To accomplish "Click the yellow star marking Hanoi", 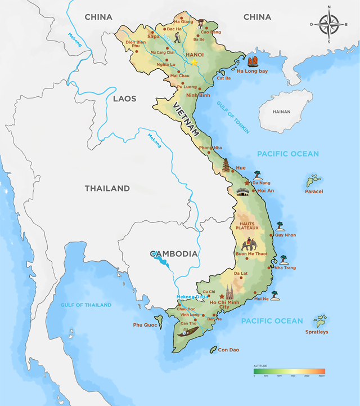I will [194, 63].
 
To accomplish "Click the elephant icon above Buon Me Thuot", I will [249, 245].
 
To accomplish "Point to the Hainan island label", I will [281, 112].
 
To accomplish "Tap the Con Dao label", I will [228, 350].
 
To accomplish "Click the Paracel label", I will [314, 191].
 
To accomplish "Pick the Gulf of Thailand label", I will [86, 305].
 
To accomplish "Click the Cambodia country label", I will [174, 253].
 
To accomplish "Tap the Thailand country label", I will [107, 188].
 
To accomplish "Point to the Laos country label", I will [124, 99].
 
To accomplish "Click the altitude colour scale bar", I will [289, 371].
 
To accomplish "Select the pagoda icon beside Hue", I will [226, 166].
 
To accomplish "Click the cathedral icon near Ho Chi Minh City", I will [230, 291].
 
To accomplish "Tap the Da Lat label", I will [241, 274].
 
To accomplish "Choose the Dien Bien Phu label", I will [135, 44].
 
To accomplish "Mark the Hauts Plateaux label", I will [245, 226].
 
